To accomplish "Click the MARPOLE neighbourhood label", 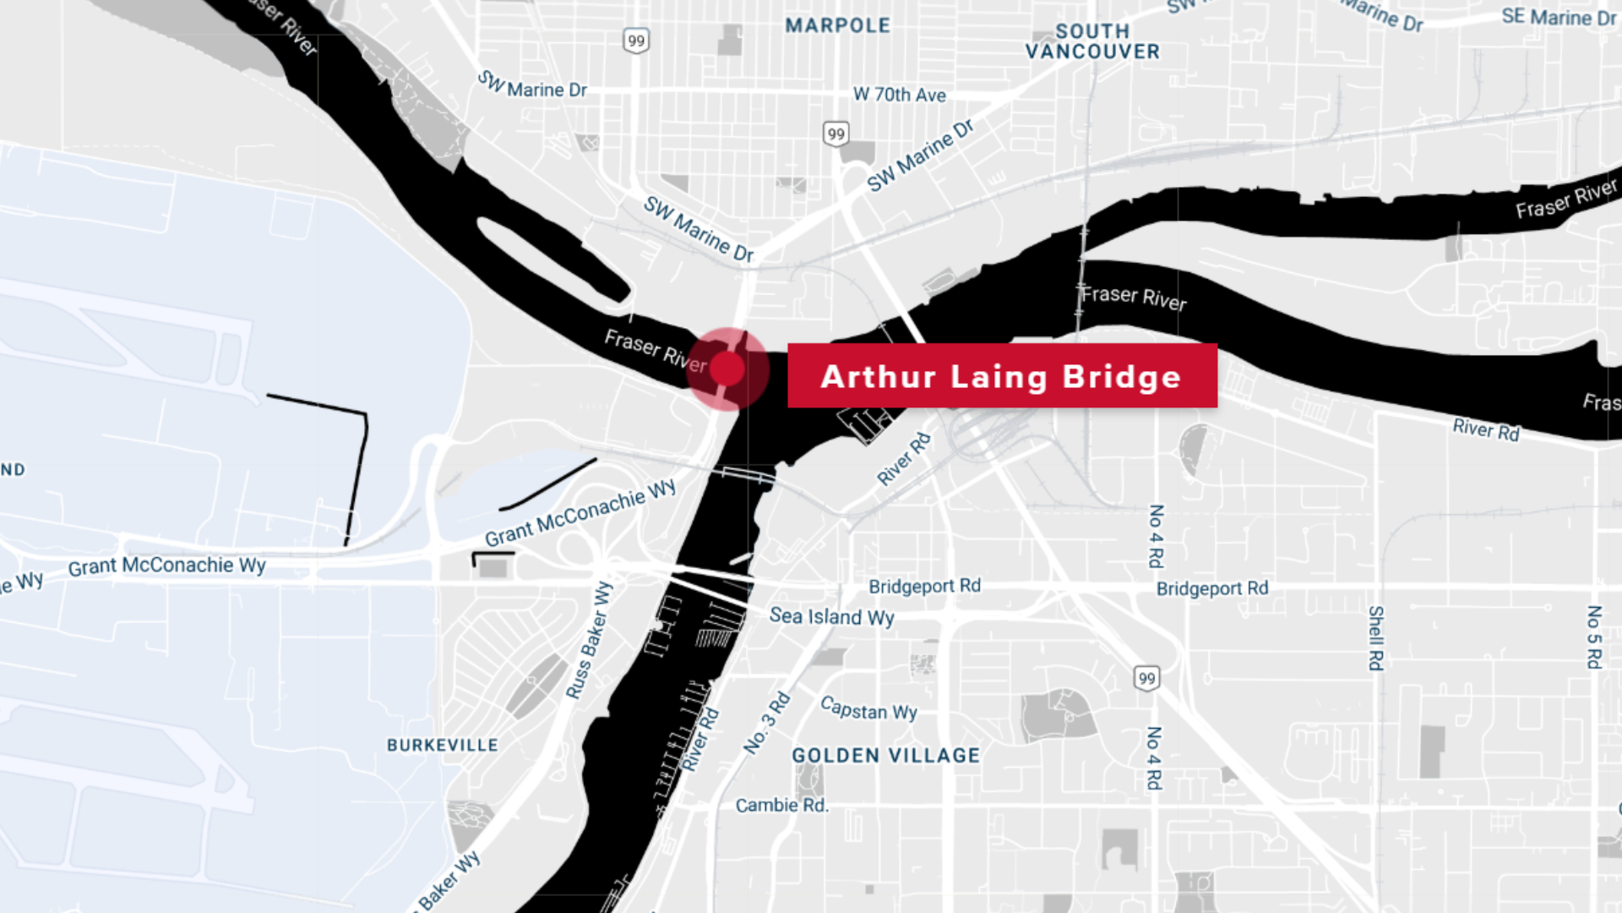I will coord(837,25).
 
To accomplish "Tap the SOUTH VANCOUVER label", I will coord(1092,41).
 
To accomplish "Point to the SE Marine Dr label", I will coord(1559,17).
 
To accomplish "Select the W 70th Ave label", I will coord(899,95).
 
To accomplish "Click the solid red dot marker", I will coord(727,369).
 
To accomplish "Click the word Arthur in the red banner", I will coord(878,376).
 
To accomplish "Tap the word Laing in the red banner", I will coord(999,377).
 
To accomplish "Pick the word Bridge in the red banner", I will coord(1121,376).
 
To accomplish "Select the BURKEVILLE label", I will coord(443,746).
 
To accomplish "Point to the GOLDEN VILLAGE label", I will coord(885,756).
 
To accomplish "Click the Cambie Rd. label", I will coord(781,806).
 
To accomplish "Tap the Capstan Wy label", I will coord(868,709).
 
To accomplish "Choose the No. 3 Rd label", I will coord(767,723).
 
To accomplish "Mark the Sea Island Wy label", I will coord(831,617).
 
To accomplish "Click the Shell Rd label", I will coord(1375,638).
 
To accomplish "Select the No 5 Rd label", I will coord(1593,637).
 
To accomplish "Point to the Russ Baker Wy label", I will coord(589,641).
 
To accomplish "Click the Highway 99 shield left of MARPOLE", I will coord(636,41).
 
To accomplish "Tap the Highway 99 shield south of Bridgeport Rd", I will coord(1146,678).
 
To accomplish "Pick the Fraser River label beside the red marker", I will coord(655,351).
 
